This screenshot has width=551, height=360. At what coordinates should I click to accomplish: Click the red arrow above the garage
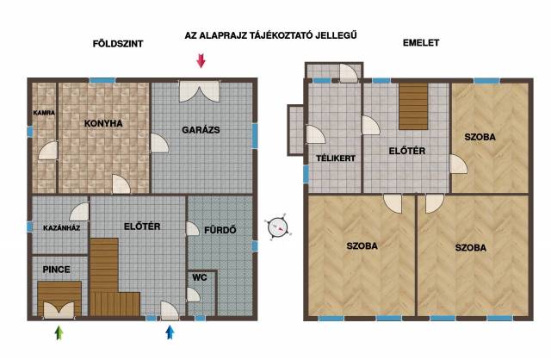(201, 60)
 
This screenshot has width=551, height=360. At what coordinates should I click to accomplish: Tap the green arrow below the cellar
(59, 332)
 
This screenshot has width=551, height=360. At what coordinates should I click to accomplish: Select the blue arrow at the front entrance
(170, 332)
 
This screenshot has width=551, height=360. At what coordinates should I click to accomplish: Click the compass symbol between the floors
(278, 227)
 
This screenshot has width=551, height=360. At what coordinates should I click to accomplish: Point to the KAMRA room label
(44, 113)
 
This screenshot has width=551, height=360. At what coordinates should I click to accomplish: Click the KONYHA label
(103, 123)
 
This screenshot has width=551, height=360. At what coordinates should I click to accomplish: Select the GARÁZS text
(201, 130)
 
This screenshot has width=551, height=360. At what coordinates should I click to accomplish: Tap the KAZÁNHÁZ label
(61, 228)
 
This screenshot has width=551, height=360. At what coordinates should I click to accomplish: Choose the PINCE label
(56, 270)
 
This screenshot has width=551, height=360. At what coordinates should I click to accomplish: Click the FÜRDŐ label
(220, 230)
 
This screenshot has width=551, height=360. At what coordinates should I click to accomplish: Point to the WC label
(200, 277)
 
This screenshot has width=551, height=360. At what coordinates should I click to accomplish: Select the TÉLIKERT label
(336, 158)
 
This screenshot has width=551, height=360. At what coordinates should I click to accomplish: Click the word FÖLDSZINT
(118, 44)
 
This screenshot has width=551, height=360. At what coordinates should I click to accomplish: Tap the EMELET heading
(421, 43)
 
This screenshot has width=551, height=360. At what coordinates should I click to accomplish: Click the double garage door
(200, 91)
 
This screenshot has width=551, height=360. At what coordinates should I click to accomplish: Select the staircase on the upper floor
(413, 106)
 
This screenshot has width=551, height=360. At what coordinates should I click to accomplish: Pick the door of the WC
(193, 295)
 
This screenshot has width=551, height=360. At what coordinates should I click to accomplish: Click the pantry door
(48, 151)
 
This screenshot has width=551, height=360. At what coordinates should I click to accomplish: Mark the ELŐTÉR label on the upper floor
(407, 151)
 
